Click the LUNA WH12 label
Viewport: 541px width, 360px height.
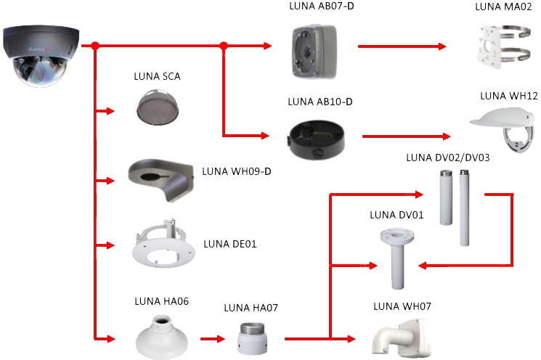(x=508, y=97)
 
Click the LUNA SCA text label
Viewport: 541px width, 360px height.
(x=158, y=75)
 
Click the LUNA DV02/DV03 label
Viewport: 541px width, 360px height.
(x=448, y=157)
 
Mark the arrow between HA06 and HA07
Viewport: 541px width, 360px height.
(x=211, y=338)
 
